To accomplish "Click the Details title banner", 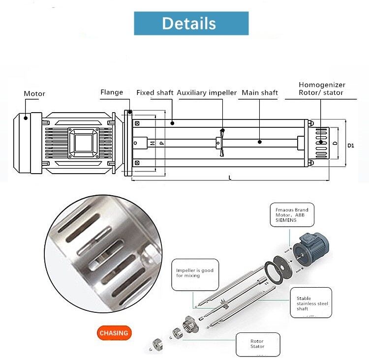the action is pyautogui.click(x=191, y=23).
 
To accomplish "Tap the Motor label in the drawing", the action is pyautogui.click(x=34, y=93).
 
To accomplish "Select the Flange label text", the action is pyautogui.click(x=112, y=92).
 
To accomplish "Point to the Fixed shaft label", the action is pyautogui.click(x=155, y=93).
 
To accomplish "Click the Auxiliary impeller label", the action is pyautogui.click(x=207, y=93).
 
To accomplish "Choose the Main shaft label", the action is pyautogui.click(x=260, y=93).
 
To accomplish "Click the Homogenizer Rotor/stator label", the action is pyautogui.click(x=322, y=89).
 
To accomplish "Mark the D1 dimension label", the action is pyautogui.click(x=351, y=146).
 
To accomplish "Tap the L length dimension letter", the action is pyautogui.click(x=230, y=178).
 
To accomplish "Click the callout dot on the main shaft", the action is pyautogui.click(x=260, y=142).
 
